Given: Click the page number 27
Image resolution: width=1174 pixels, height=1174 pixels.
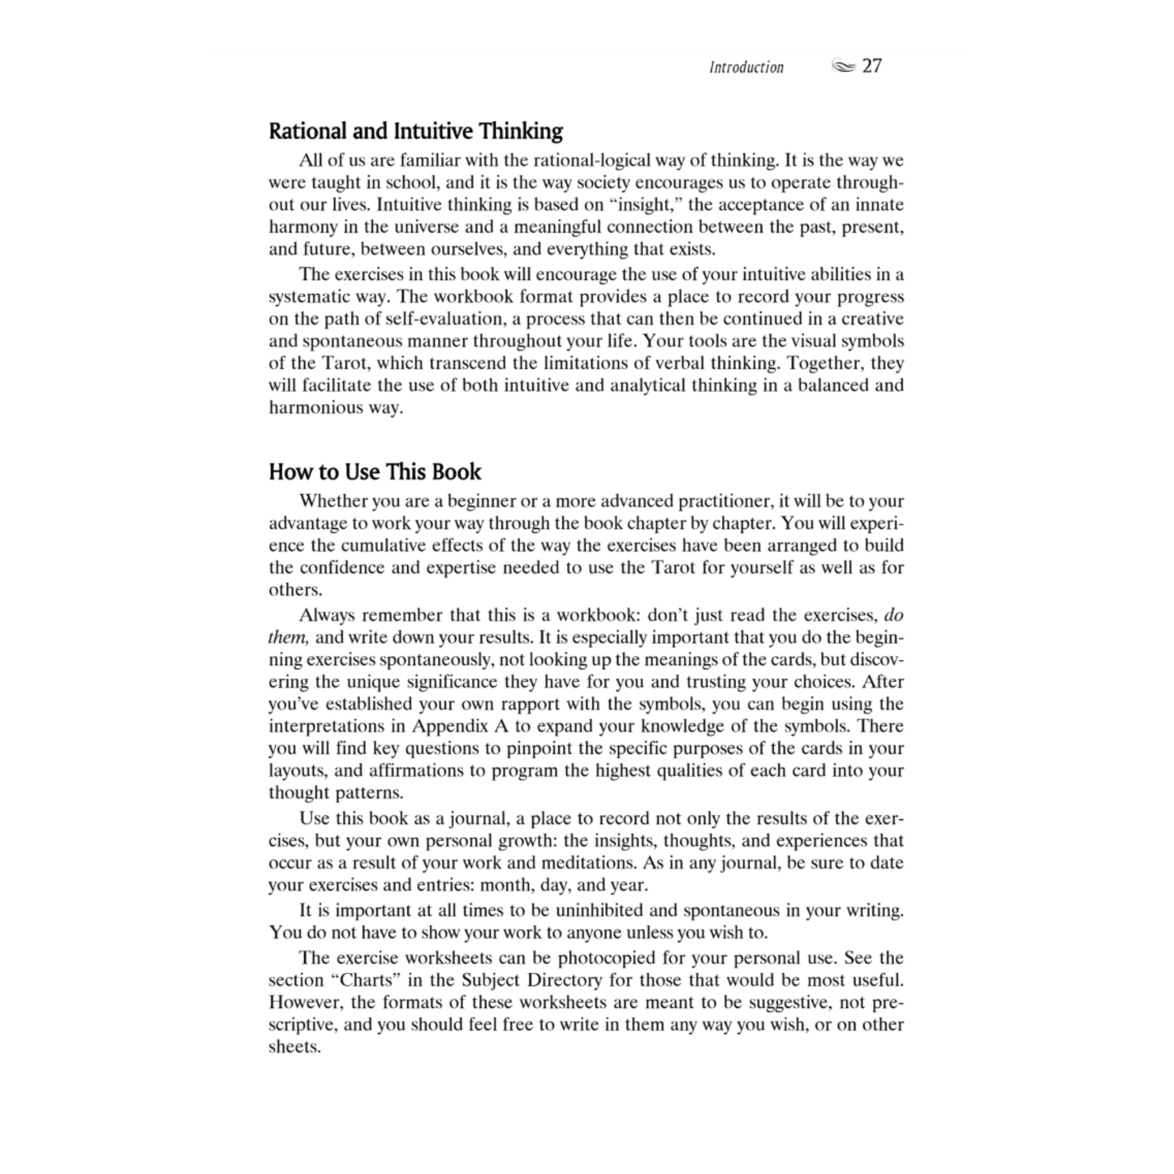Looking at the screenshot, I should (872, 66).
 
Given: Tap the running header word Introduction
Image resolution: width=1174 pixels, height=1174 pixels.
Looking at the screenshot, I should (746, 68).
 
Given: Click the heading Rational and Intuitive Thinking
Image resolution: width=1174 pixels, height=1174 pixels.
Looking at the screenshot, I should (416, 131).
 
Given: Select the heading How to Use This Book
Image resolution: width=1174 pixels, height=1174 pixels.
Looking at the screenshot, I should (375, 472).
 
